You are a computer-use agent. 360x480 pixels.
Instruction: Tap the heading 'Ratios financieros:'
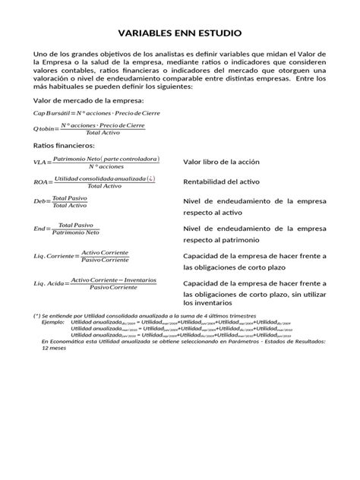(65, 144)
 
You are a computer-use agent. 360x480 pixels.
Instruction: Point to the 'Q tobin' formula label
(45, 130)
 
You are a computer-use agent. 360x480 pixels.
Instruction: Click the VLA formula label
(39, 163)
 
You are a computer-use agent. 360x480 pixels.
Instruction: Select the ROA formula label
(40, 182)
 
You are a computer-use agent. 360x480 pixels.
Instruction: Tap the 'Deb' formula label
(39, 201)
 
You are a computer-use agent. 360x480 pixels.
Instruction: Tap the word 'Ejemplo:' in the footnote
(52, 322)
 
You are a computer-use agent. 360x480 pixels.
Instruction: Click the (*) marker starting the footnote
(36, 314)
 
